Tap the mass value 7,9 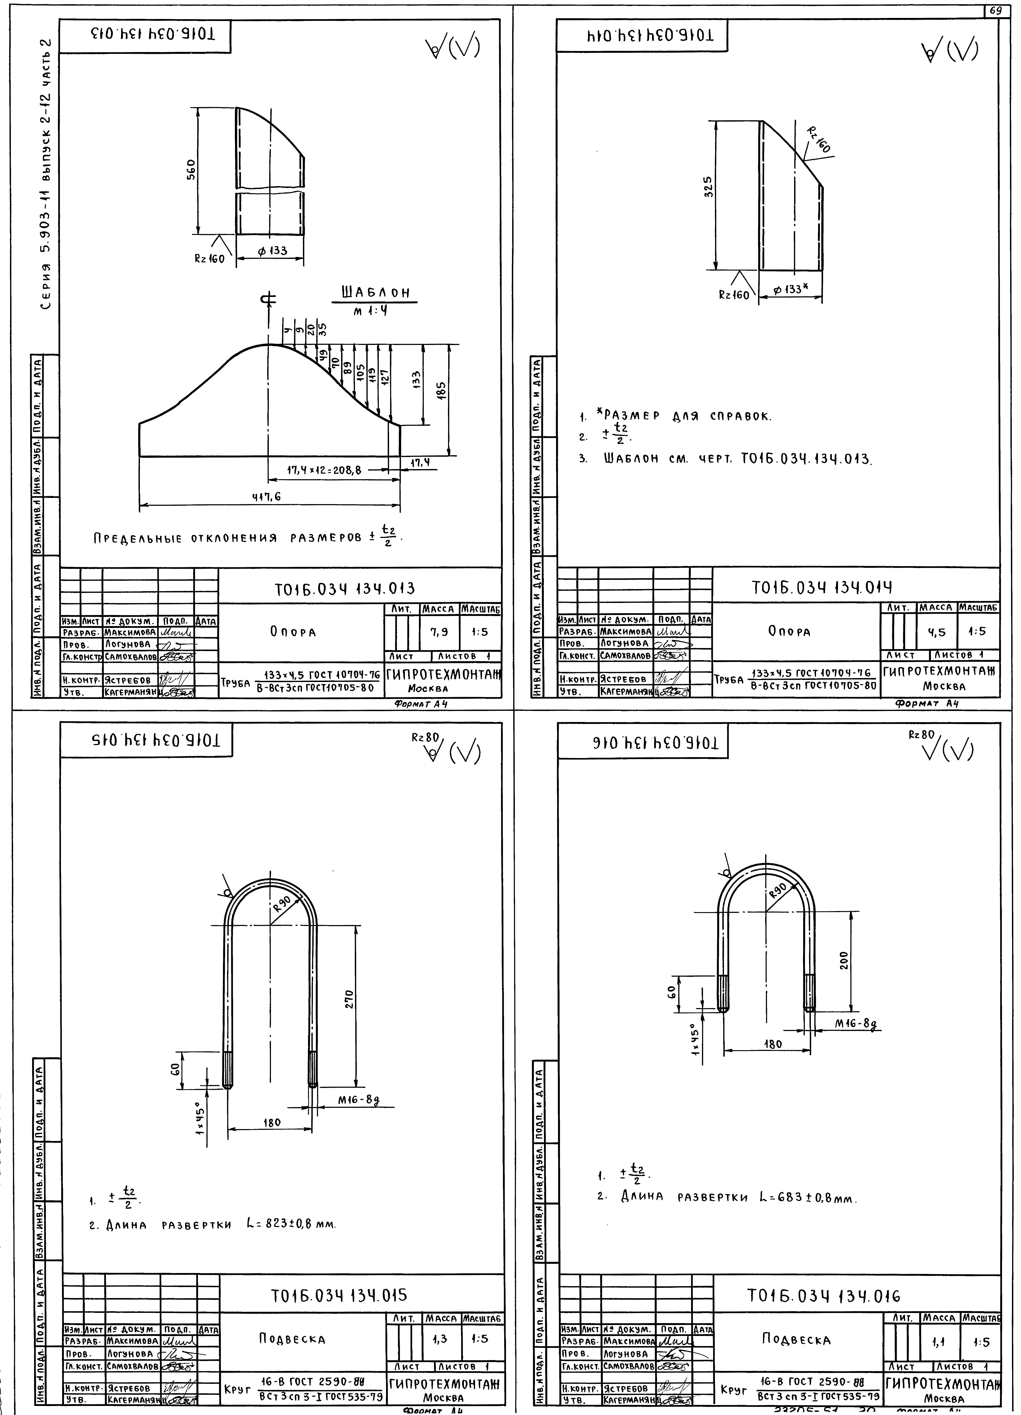pos(439,632)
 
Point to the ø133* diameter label pos(791,290)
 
